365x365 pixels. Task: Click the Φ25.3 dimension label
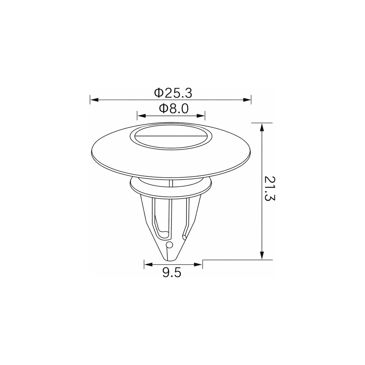(x=173, y=93)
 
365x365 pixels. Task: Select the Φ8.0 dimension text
(x=174, y=109)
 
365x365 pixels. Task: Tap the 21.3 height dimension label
(x=269, y=189)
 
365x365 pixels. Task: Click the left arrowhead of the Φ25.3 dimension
(x=94, y=100)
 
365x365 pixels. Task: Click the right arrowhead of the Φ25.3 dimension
(x=247, y=100)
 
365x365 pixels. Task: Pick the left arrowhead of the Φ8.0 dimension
(x=141, y=116)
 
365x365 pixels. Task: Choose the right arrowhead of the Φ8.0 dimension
(x=201, y=116)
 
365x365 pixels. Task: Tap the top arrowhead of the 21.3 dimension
(x=262, y=127)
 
